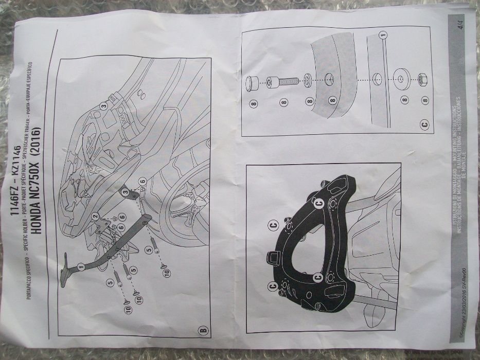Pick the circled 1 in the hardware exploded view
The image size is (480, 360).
[x=382, y=35]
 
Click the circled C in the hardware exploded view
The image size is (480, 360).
[x=424, y=123]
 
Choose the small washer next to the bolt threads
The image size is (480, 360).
[x=308, y=80]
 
